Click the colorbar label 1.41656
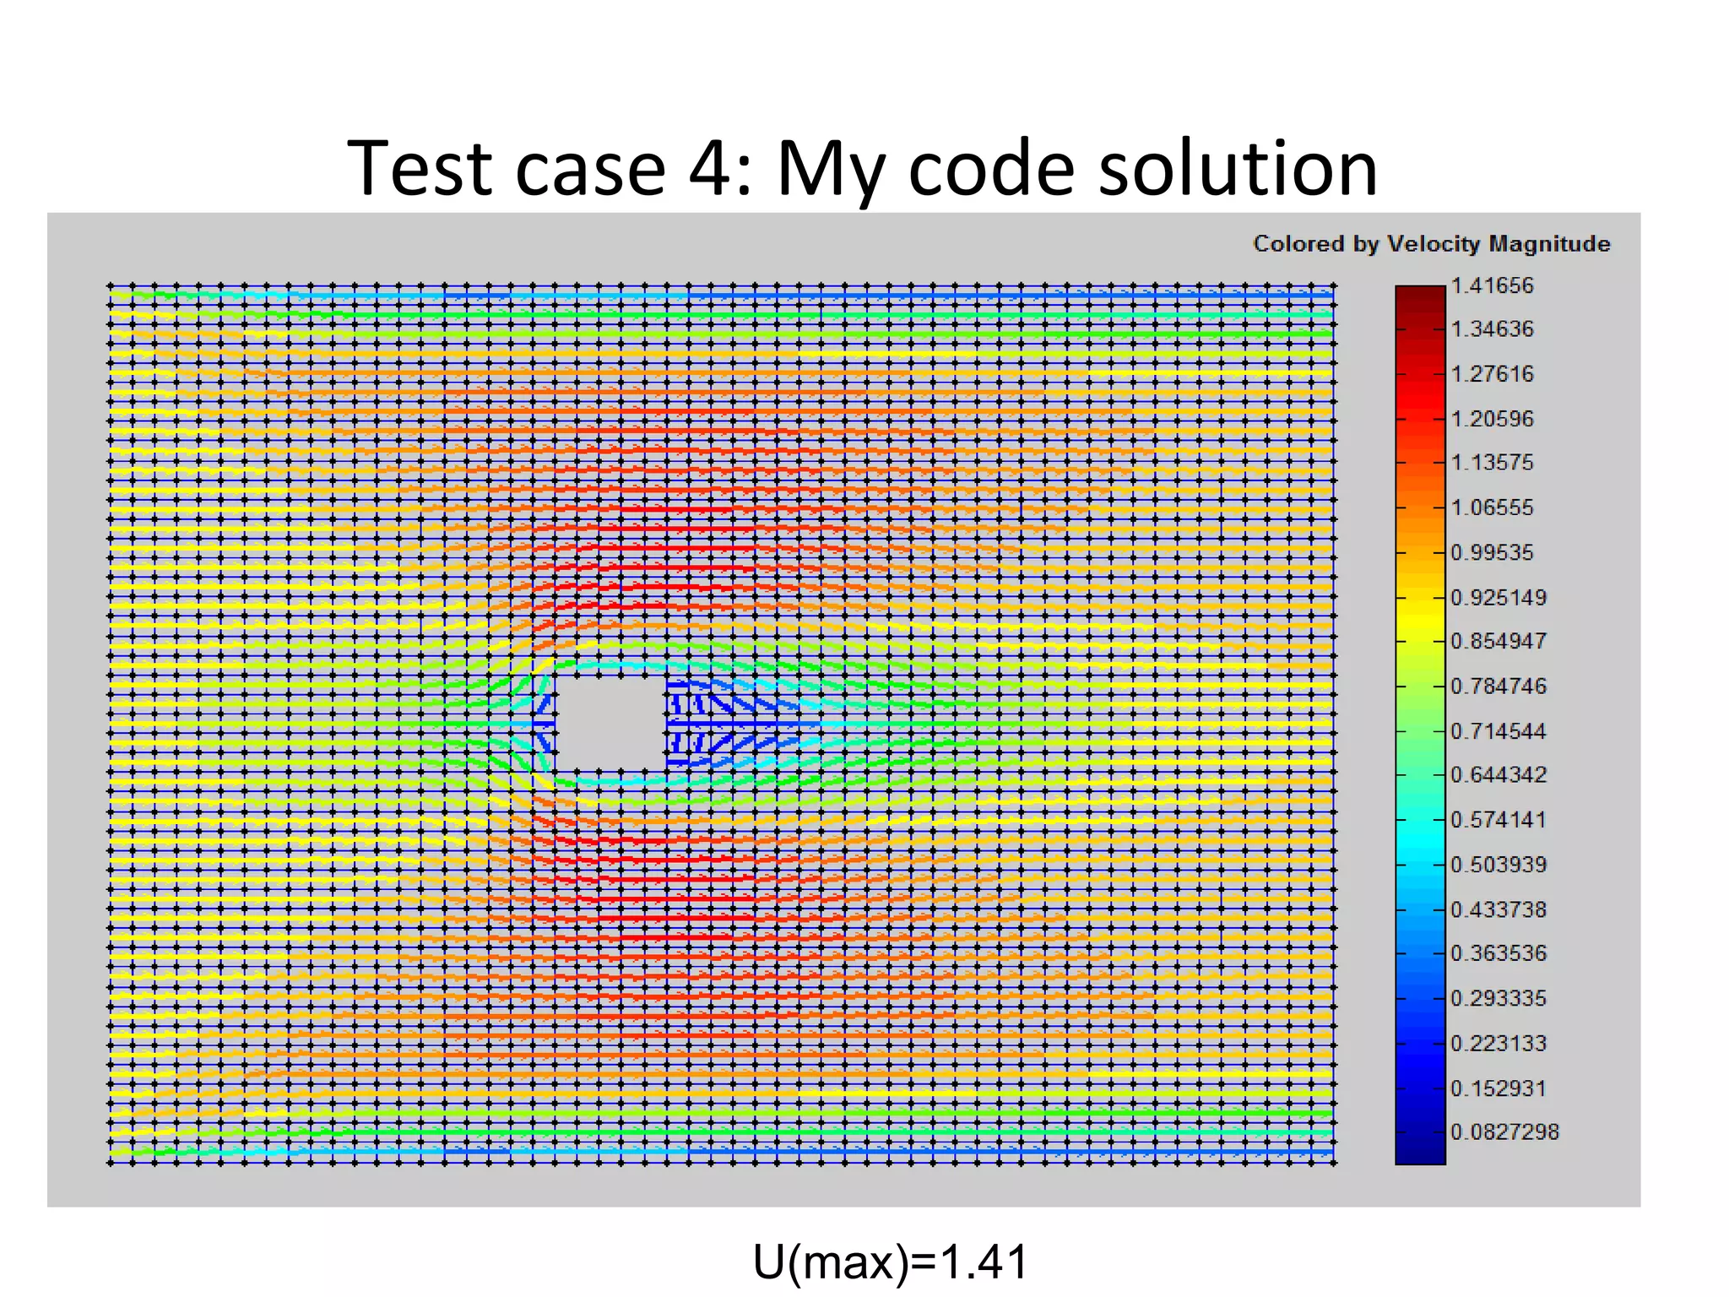coord(1491,285)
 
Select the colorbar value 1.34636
coord(1491,328)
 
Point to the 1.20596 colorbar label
coord(1491,419)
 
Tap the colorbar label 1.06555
coord(1491,507)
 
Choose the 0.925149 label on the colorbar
coord(1498,598)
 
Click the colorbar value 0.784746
coord(1498,686)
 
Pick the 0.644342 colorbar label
coord(1498,774)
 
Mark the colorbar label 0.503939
coord(1498,865)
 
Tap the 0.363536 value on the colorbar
coord(1498,953)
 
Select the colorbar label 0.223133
coord(1498,1044)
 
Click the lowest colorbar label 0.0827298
coord(1504,1131)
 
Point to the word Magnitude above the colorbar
coord(1549,244)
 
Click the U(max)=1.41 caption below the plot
coord(890,1262)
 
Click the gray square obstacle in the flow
coord(610,722)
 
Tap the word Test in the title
coord(420,169)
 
